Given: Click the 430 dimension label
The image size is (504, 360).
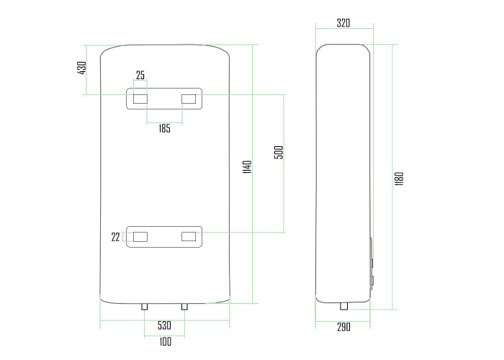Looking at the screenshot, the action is tap(82, 68).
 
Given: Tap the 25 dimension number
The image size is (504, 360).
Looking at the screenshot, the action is tap(140, 75).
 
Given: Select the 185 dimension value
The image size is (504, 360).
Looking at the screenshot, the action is tap(164, 129).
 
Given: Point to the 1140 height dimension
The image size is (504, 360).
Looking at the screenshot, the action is tap(247, 167).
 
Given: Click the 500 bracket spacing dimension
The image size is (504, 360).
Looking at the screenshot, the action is tap(279, 153).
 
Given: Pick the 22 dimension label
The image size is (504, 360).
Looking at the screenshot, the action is tap(115, 237).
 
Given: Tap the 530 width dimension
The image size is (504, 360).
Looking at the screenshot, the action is tap(164, 325).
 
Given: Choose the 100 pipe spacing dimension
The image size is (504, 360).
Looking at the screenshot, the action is tap(165, 341).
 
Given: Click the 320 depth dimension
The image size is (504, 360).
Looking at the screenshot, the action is tap(343, 23).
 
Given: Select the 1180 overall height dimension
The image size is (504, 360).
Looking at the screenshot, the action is tap(399, 179).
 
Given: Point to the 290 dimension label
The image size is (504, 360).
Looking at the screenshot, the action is tap(343, 327).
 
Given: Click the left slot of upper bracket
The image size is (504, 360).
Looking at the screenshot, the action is tap(140, 99).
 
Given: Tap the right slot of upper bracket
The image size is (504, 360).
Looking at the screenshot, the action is tap(189, 99).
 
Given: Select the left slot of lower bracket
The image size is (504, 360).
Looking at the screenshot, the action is tap(140, 237).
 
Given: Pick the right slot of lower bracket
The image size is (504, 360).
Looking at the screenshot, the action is tap(189, 237).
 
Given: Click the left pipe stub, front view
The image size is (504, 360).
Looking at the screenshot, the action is tap(145, 307).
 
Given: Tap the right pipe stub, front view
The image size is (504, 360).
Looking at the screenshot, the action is tap(184, 307).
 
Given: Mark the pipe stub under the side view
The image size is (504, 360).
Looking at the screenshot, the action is tap(344, 306).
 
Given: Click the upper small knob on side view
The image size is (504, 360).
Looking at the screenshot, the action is tap(372, 263).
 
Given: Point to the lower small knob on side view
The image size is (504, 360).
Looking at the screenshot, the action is tap(372, 281).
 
